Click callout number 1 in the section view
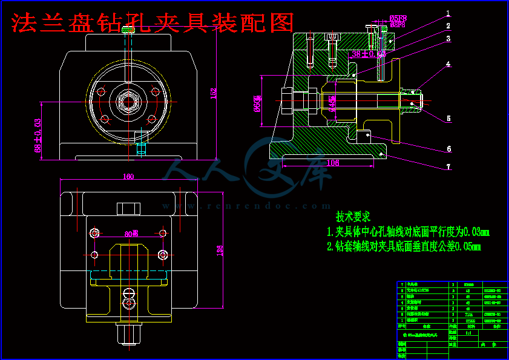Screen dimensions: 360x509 pos(448,13)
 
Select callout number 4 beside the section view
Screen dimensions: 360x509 pos(448,64)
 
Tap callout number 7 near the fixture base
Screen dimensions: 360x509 pos(448,165)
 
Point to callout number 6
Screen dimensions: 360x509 pos(448,148)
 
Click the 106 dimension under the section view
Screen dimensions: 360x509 pos(332,162)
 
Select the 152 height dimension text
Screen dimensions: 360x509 pos(213,94)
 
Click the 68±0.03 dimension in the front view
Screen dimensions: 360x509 pos(38,134)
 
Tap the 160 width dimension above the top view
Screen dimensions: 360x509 pos(128,177)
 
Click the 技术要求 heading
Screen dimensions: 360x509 pos(353,217)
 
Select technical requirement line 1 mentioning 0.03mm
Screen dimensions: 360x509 pos(407,232)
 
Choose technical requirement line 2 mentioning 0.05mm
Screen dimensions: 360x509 pos(403,246)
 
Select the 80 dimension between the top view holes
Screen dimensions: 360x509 pos(128,234)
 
